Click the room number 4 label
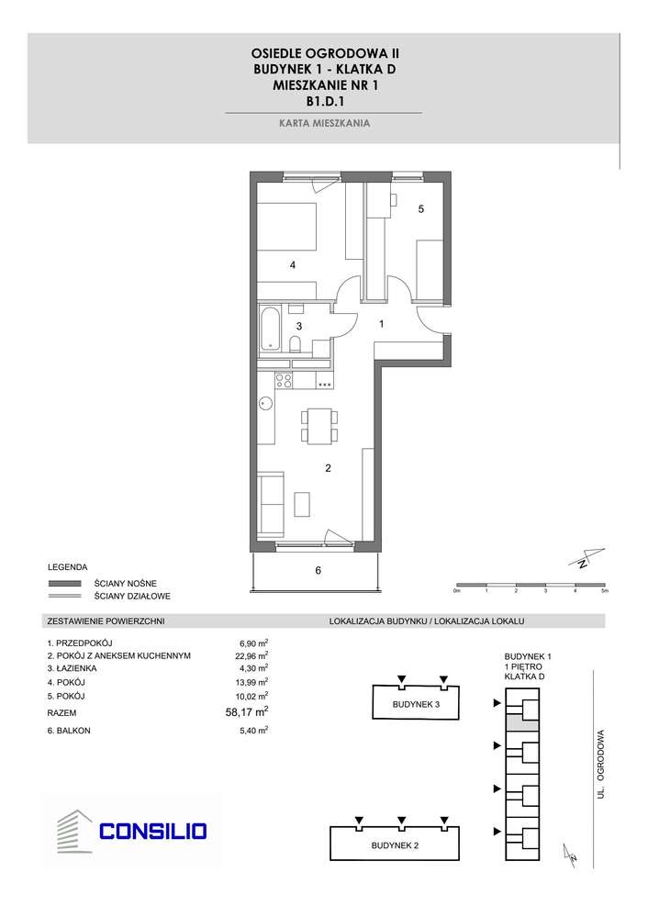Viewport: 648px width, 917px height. (x=292, y=265)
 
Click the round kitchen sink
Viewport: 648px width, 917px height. (x=265, y=401)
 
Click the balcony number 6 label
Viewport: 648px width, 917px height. (x=318, y=571)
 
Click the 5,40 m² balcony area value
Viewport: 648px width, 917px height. (x=252, y=731)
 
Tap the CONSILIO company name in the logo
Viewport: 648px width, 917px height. (x=153, y=832)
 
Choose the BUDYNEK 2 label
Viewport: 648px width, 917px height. (x=396, y=844)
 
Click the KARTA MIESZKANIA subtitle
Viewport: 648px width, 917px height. (x=324, y=122)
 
